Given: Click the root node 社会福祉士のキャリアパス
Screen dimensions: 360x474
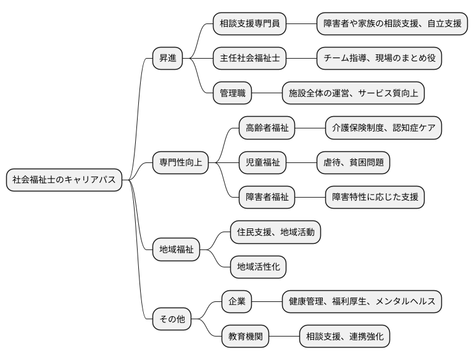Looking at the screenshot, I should tap(64, 180).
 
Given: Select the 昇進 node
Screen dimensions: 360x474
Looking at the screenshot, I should tap(168, 59).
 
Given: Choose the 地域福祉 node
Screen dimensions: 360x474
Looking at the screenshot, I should tap(177, 250).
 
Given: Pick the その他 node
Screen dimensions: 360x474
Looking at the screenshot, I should tap(172, 320).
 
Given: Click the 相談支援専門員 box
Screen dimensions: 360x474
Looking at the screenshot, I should tap(250, 24).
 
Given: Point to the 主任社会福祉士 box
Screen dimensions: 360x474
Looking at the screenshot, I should tap(250, 59).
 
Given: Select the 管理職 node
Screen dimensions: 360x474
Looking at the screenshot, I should tap(233, 93).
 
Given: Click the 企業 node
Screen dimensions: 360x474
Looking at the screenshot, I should tap(237, 302).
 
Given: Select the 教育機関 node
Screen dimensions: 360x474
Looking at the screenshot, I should tap(246, 337).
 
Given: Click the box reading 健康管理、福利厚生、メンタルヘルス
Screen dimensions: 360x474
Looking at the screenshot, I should tap(362, 302).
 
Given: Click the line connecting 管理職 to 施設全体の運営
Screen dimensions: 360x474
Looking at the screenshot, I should tap(267, 93).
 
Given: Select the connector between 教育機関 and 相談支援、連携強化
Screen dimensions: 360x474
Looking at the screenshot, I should tap(284, 337).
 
